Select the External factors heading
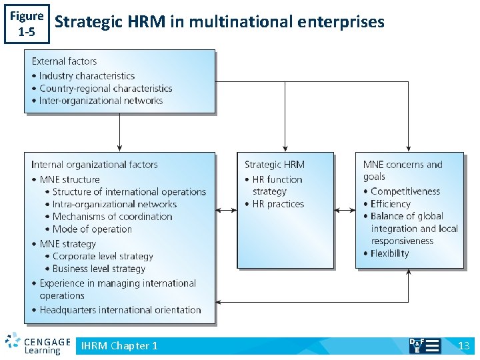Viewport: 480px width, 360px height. click(x=64, y=61)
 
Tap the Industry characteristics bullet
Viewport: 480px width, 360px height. click(x=87, y=76)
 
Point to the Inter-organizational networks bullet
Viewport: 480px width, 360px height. click(x=101, y=101)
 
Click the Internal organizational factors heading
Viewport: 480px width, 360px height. click(x=95, y=165)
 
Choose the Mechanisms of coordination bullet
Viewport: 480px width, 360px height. click(x=112, y=217)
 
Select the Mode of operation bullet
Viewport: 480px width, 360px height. click(x=92, y=229)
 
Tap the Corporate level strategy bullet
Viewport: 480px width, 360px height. click(x=103, y=256)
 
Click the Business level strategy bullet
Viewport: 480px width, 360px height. click(x=99, y=269)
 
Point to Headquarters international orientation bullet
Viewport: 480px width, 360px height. click(x=120, y=310)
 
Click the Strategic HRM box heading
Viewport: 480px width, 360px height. click(x=275, y=165)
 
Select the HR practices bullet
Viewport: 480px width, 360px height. click(x=278, y=204)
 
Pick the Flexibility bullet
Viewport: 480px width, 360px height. click(x=390, y=253)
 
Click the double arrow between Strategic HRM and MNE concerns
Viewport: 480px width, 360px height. click(x=345, y=211)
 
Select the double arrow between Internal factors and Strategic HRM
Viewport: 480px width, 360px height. click(x=226, y=211)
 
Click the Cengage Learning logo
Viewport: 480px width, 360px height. click(x=38, y=344)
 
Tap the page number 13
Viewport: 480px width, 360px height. click(x=464, y=345)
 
